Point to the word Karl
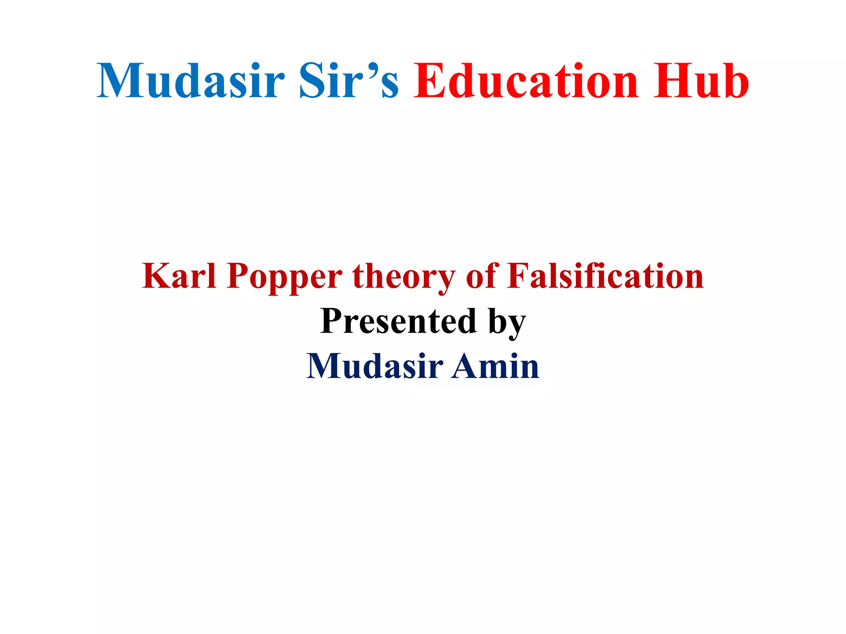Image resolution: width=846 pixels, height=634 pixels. click(179, 276)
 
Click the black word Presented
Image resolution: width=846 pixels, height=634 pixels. click(399, 321)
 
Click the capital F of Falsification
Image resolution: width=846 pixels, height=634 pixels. click(519, 276)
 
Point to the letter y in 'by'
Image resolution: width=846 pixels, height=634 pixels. click(517, 326)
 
